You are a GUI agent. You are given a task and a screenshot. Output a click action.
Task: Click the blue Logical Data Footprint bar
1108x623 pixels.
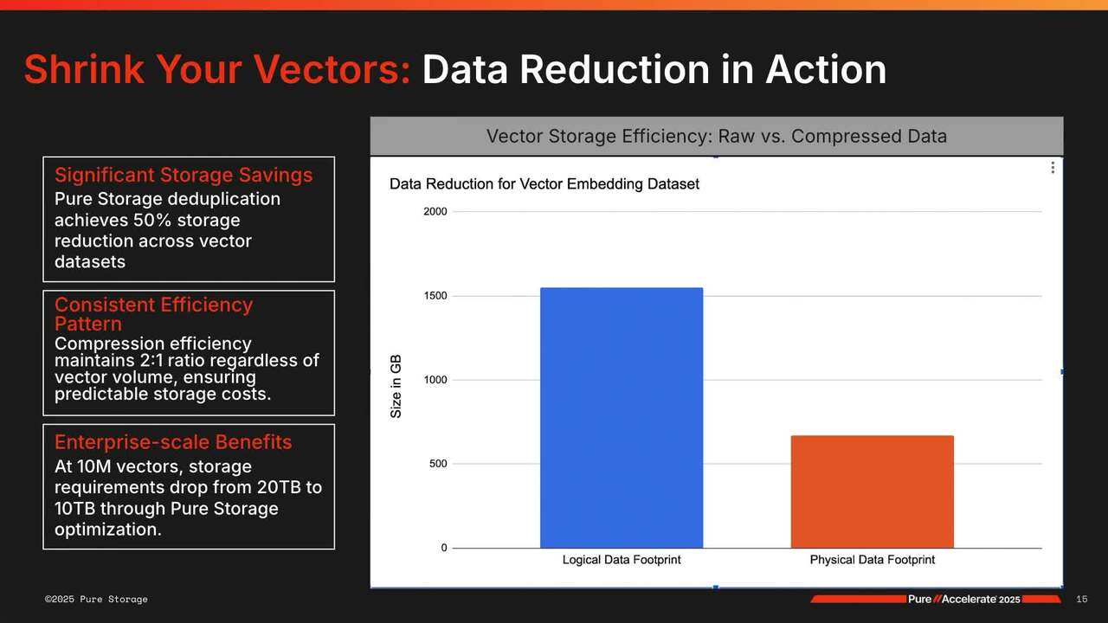tap(621, 417)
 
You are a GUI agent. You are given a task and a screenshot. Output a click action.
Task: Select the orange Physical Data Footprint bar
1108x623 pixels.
tap(872, 491)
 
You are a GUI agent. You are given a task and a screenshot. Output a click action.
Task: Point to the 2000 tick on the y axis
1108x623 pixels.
tap(435, 212)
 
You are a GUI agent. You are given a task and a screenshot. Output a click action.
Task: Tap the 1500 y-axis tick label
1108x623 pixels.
tap(435, 296)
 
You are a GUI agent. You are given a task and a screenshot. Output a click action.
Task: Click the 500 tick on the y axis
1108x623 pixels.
tap(438, 464)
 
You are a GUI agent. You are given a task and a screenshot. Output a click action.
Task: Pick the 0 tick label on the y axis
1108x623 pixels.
tap(443, 548)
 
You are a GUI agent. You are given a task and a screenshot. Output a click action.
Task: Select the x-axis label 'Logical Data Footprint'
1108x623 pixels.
tap(621, 560)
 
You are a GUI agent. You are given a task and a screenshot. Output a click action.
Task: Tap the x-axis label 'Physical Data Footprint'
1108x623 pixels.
tap(872, 560)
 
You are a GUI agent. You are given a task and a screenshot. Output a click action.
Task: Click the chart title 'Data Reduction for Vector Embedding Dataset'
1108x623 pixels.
tap(544, 184)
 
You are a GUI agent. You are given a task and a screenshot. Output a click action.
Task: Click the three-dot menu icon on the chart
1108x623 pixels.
tap(1052, 168)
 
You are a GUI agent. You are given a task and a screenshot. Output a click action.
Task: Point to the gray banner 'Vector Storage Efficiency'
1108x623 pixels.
tap(716, 137)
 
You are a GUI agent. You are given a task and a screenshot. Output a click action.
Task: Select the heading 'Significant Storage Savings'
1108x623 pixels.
tap(183, 175)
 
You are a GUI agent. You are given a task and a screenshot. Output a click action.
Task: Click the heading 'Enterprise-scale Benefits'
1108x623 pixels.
tap(173, 442)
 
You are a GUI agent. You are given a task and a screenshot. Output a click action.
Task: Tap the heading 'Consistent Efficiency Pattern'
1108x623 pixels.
tap(153, 313)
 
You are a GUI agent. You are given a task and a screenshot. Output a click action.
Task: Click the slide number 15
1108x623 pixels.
tap(1081, 600)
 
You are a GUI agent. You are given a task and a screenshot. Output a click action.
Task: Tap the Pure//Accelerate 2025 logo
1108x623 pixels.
tap(963, 600)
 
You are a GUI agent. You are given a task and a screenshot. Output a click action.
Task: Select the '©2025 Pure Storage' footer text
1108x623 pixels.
tap(96, 600)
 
